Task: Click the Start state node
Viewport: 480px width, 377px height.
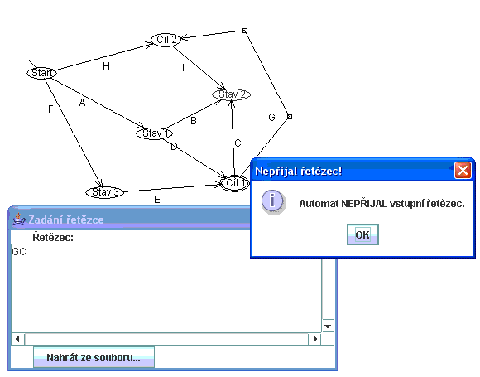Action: pyautogui.click(x=42, y=73)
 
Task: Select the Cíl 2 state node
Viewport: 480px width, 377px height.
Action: pyautogui.click(x=166, y=40)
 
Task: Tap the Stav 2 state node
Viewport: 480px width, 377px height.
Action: pyautogui.click(x=232, y=94)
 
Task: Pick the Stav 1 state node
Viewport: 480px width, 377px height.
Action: pyautogui.click(x=154, y=133)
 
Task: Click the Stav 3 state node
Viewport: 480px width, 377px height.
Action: pyautogui.click(x=105, y=192)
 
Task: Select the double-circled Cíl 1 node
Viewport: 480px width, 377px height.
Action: pyautogui.click(x=235, y=183)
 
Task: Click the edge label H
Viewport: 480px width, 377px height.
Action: pyautogui.click(x=106, y=66)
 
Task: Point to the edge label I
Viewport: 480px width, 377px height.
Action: pyautogui.click(x=183, y=68)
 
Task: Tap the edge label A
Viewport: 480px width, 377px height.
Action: pyautogui.click(x=82, y=103)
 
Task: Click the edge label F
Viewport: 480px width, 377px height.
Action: pyautogui.click(x=50, y=109)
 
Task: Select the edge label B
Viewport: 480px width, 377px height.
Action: pyautogui.click(x=194, y=121)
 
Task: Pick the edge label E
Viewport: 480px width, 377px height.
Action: pyautogui.click(x=157, y=200)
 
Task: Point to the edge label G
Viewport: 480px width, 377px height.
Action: pyautogui.click(x=271, y=117)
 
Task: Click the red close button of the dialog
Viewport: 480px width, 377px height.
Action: pyautogui.click(x=463, y=170)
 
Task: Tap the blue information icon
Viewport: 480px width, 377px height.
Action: pyautogui.click(x=272, y=201)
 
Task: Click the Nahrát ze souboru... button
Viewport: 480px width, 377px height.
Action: pyautogui.click(x=94, y=357)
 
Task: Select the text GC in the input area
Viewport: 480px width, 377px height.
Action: pyautogui.click(x=19, y=252)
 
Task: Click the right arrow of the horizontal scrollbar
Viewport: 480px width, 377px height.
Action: pyautogui.click(x=315, y=339)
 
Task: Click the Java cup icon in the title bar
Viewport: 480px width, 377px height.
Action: pyautogui.click(x=19, y=219)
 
